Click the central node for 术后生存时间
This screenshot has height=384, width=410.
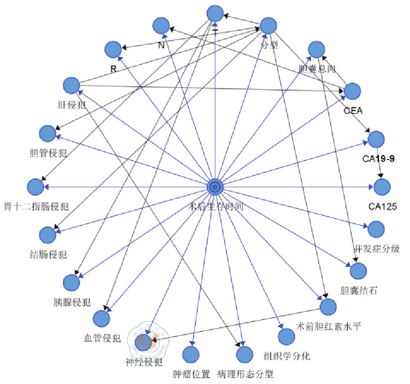[215, 187]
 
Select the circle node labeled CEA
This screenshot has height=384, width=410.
[352, 91]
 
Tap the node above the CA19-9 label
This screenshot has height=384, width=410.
[376, 139]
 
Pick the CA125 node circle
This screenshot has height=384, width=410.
[382, 187]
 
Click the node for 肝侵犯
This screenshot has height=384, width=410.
[71, 85]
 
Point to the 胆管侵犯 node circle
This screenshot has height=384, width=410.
[47, 133]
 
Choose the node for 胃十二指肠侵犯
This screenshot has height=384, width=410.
[35, 187]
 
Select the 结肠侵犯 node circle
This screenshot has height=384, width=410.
[47, 235]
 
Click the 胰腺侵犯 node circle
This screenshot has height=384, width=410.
[71, 283]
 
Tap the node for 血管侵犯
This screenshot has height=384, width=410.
[101, 318]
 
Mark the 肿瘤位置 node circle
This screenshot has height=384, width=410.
[191, 355]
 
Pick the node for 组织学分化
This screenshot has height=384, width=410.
[286, 336]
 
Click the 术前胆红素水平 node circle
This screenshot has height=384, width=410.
[328, 307]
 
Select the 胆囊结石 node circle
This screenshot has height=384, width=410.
[358, 271]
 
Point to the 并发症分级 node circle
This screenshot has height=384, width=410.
[376, 229]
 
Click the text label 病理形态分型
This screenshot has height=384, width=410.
[246, 374]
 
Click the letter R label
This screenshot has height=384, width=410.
[114, 69]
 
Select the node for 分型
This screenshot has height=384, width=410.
[268, 26]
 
